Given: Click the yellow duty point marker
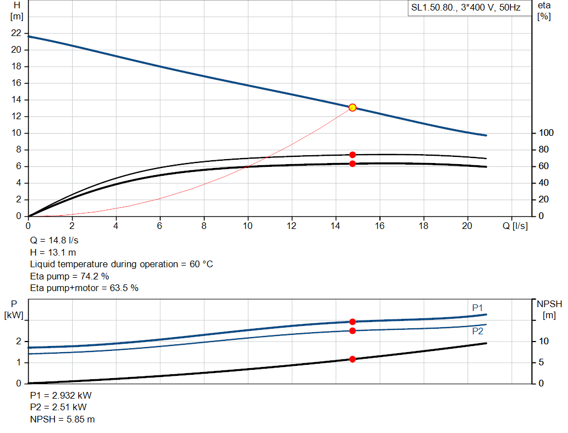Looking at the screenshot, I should (x=352, y=108).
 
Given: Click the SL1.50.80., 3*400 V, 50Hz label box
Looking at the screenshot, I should (x=465, y=8).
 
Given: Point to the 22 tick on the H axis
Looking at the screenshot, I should (x=16, y=33).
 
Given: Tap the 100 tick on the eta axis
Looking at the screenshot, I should (x=546, y=133).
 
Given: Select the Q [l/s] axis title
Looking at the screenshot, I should (x=515, y=226).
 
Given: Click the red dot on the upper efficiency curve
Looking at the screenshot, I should (x=352, y=155).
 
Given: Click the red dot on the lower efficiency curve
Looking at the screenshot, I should (x=352, y=164).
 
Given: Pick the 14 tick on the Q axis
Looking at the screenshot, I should (x=336, y=226).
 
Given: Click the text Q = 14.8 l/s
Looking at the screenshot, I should (x=54, y=241).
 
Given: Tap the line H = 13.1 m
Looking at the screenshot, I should (x=52, y=252).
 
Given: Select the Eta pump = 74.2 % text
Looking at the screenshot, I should (x=69, y=276).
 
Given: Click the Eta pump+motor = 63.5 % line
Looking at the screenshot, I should (x=84, y=288).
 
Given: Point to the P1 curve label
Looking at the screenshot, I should (x=478, y=308).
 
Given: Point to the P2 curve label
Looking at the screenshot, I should (x=478, y=331).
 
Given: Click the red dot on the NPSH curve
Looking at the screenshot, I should (x=352, y=359).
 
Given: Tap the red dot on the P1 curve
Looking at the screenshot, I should (x=352, y=322).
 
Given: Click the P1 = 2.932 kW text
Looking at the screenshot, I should (x=61, y=396).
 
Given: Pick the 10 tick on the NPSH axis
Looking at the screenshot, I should (x=545, y=341).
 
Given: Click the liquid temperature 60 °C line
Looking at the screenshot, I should (x=121, y=264).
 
